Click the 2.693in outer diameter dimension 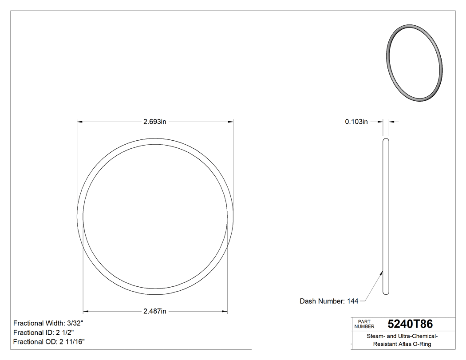click(x=154, y=122)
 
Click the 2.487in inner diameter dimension click(x=154, y=311)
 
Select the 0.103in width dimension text click(x=356, y=122)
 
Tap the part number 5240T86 click(x=410, y=324)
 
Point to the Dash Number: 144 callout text click(x=329, y=301)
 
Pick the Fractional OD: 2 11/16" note click(x=49, y=342)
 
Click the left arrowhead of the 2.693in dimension click(x=80, y=122)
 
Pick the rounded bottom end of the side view click(x=386, y=292)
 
